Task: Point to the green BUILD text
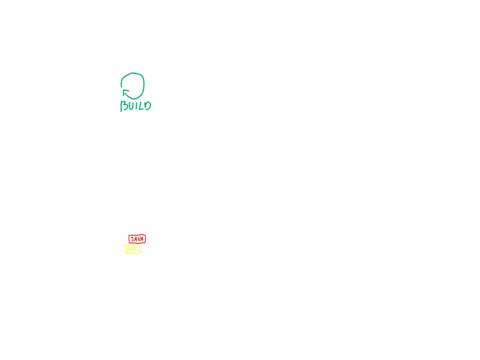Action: (x=136, y=106)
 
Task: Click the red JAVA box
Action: (x=137, y=239)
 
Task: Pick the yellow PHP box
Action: (x=132, y=249)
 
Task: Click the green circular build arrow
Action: (x=133, y=86)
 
